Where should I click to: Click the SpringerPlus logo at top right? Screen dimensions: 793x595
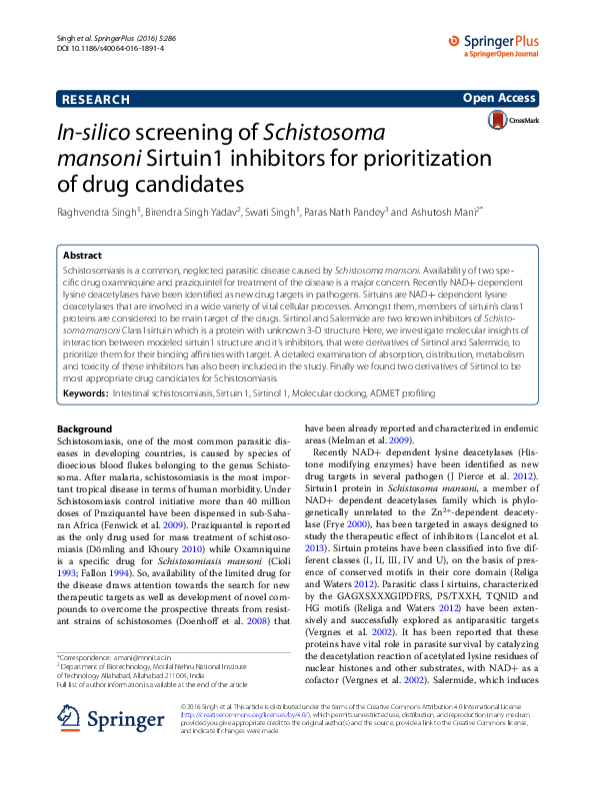(496, 43)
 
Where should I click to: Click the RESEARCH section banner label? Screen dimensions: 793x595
(96, 100)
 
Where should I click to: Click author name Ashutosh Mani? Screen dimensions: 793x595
(446, 213)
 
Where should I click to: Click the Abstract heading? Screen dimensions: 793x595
(82, 256)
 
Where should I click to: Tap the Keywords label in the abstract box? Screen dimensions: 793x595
(87, 396)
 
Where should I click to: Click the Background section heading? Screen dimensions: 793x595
(85, 428)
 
